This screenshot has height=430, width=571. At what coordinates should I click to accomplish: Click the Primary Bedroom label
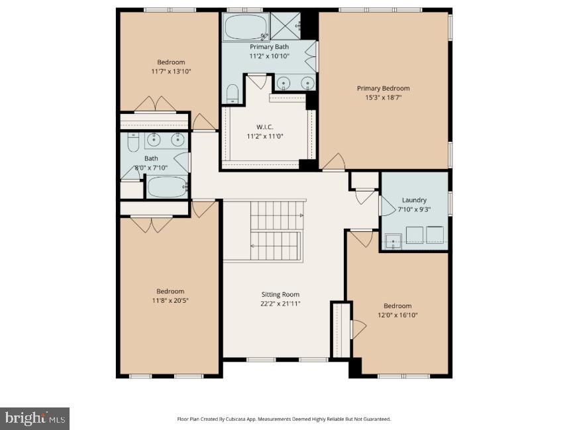click(x=383, y=88)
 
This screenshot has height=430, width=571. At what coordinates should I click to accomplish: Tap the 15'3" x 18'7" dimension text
click(x=383, y=97)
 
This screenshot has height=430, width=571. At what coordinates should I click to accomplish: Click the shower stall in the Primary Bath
click(x=285, y=26)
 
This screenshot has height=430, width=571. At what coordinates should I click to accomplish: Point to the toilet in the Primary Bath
click(x=232, y=94)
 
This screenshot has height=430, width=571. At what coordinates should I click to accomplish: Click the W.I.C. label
click(x=265, y=127)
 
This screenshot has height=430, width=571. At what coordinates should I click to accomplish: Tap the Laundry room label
click(x=414, y=200)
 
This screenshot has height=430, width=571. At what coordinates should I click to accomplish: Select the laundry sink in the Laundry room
click(x=393, y=241)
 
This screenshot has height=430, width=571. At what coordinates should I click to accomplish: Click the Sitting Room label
click(x=280, y=294)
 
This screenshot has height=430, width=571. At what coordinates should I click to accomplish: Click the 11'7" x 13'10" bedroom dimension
click(x=171, y=72)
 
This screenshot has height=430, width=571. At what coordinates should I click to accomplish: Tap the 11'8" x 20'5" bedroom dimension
click(x=170, y=301)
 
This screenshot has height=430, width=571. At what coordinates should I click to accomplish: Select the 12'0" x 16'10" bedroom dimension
click(x=397, y=315)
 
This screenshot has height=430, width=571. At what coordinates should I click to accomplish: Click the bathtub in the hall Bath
click(x=167, y=187)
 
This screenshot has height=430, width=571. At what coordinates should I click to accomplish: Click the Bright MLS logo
click(x=34, y=418)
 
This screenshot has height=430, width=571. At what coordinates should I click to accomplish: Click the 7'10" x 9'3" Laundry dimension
click(x=414, y=209)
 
